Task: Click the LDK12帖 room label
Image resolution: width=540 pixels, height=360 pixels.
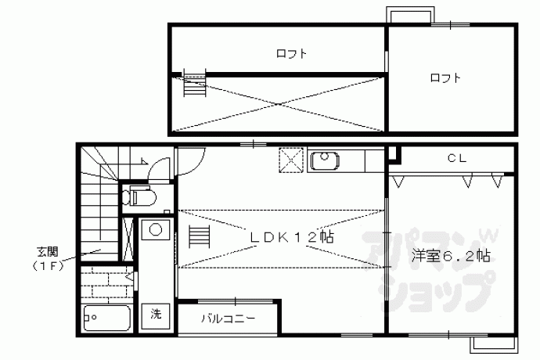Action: (x=292, y=237)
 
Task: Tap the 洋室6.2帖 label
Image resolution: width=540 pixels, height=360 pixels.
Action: (x=451, y=256)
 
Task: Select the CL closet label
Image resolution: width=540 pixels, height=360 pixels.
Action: (x=457, y=158)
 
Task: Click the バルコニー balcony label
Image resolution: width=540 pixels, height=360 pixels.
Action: (x=229, y=319)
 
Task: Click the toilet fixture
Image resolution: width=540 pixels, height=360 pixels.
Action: (x=140, y=196)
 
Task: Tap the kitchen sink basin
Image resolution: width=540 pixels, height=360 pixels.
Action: (x=325, y=161)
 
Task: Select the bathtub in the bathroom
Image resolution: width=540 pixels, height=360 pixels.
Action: (x=107, y=318)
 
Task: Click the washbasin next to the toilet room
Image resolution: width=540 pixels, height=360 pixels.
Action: (x=156, y=230)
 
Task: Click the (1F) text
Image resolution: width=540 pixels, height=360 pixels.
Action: (x=48, y=266)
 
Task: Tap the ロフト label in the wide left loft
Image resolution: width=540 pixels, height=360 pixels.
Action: (x=291, y=53)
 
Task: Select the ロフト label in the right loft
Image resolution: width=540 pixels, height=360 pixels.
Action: (x=445, y=77)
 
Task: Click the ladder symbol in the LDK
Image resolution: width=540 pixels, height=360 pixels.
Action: (x=200, y=236)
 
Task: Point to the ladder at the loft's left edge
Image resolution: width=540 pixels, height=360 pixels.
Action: (x=195, y=83)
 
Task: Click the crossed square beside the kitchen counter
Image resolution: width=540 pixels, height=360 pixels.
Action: (x=291, y=160)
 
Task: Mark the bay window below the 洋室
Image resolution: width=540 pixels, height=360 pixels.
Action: (x=494, y=345)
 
